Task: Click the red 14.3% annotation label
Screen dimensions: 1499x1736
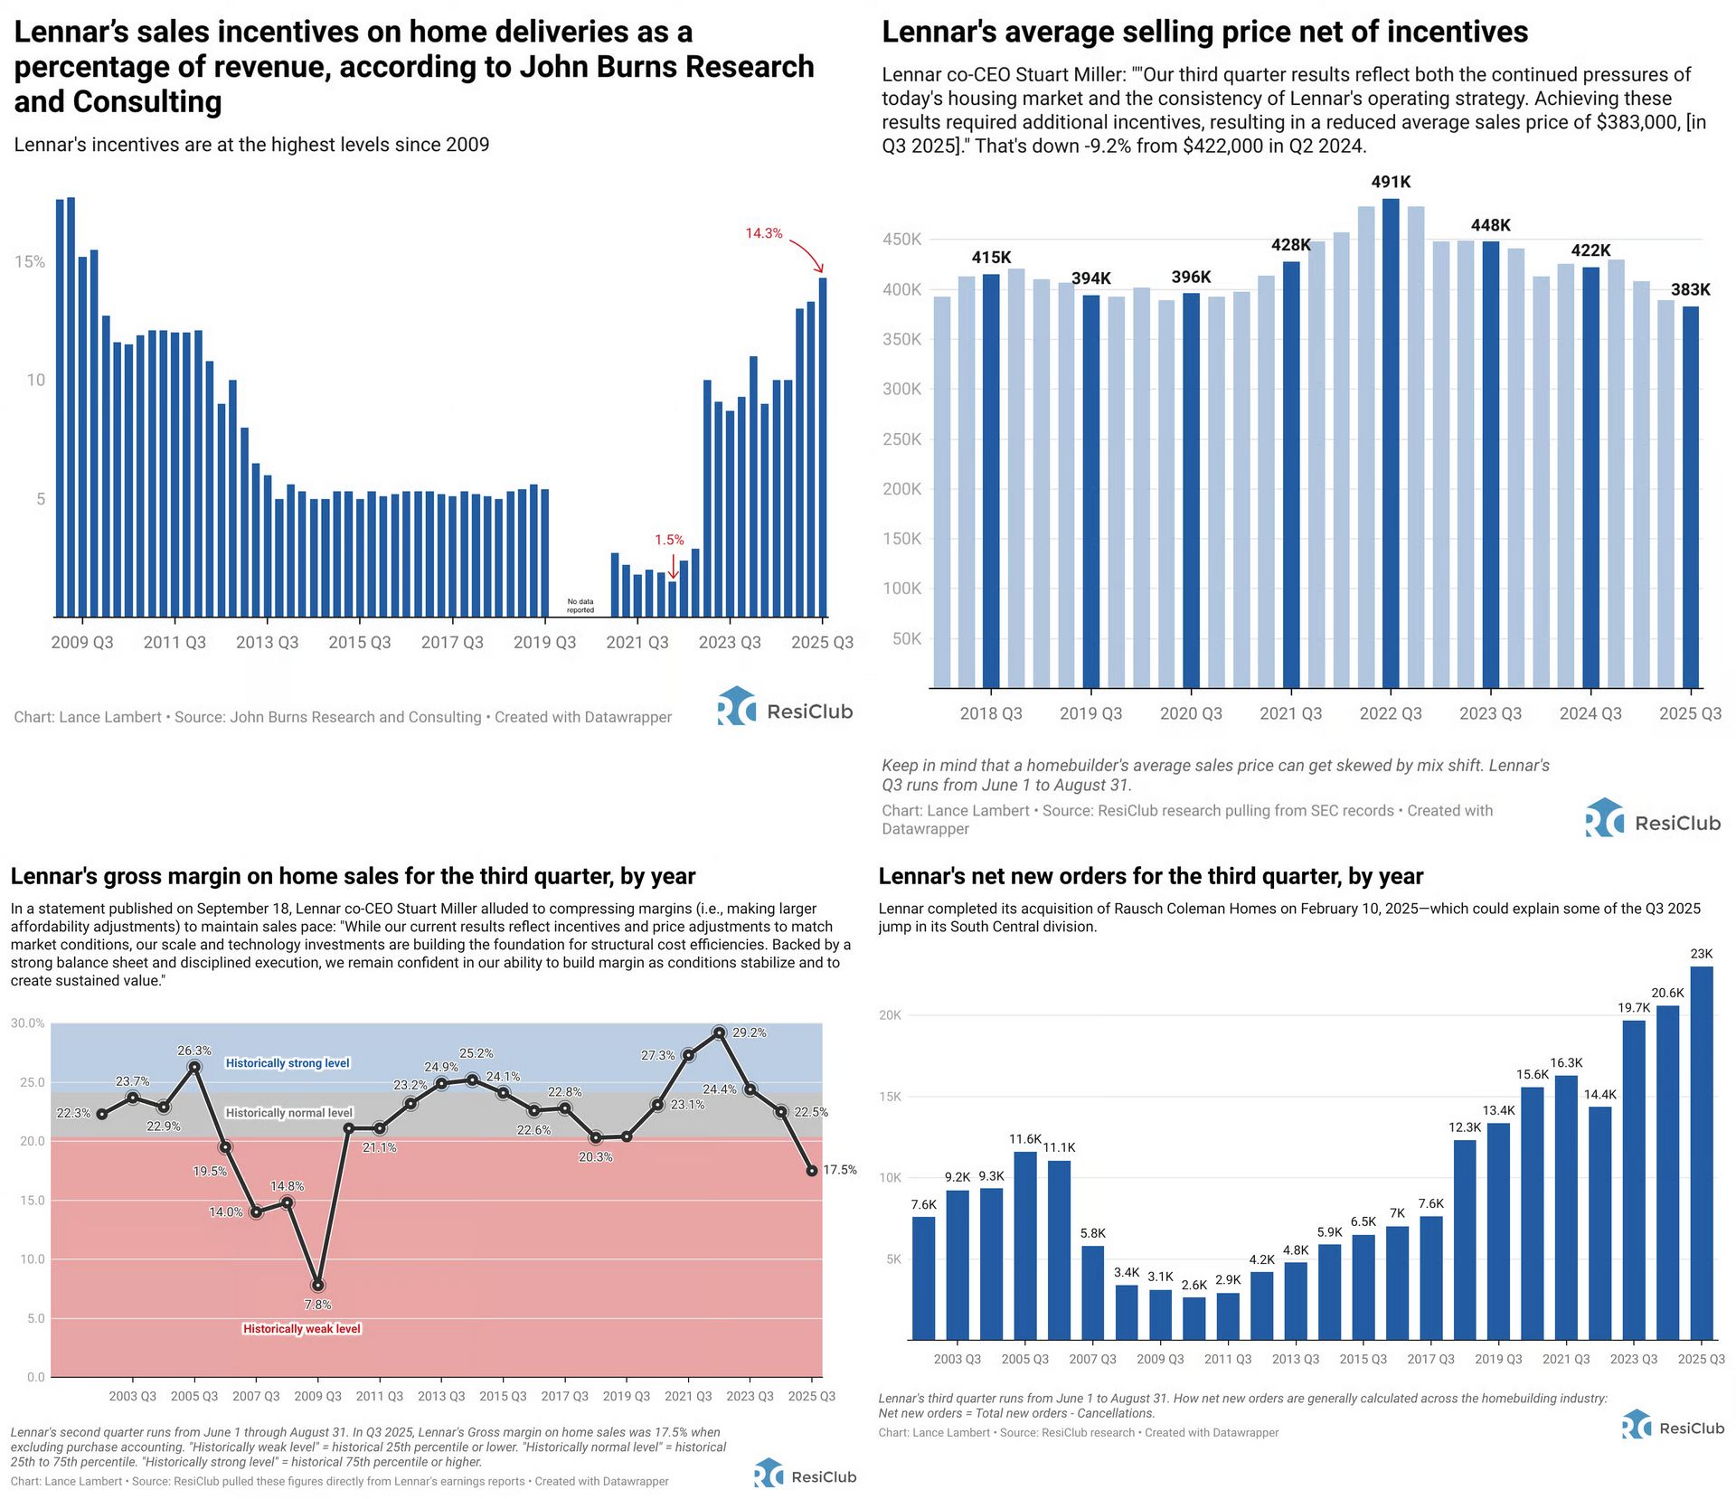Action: point(763,233)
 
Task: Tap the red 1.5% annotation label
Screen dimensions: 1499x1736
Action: point(669,540)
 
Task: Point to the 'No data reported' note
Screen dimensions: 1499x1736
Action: point(580,606)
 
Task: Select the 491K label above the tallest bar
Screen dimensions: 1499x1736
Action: point(1391,182)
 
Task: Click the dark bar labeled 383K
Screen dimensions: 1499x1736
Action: point(1690,496)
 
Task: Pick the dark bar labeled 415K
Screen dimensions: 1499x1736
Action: point(991,480)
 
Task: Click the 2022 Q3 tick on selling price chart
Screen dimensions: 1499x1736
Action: point(1391,713)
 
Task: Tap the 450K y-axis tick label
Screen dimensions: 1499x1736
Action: point(901,240)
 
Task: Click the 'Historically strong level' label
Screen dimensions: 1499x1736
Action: point(288,1063)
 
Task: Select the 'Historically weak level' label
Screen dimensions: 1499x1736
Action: point(302,1328)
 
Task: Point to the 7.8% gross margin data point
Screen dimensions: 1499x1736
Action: point(317,1285)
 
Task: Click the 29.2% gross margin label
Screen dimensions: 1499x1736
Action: point(749,1032)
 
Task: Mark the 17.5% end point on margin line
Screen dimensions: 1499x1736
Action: point(812,1170)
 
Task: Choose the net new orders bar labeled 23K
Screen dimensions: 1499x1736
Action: point(1702,1153)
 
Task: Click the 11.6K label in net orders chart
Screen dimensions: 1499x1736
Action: point(1025,1139)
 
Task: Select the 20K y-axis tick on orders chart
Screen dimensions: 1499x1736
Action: point(890,1015)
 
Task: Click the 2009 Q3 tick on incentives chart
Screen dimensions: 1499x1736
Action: point(82,642)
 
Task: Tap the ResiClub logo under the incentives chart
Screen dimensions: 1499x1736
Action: point(785,707)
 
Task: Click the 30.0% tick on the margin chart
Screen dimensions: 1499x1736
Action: point(27,1023)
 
